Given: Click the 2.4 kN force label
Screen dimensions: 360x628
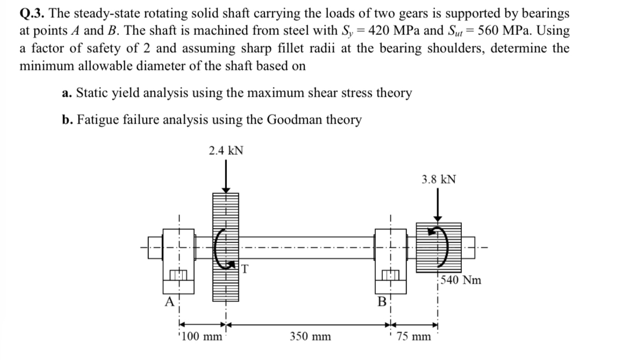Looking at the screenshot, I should click(x=226, y=151).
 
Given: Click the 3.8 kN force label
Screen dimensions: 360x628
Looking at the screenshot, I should click(x=439, y=179).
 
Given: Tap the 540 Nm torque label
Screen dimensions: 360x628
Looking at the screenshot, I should click(x=461, y=280).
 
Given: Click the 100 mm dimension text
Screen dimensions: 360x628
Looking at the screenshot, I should click(x=202, y=337).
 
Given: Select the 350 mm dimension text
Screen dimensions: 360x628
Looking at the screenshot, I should click(x=310, y=337).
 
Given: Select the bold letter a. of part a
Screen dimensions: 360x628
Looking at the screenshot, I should click(x=67, y=93).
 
